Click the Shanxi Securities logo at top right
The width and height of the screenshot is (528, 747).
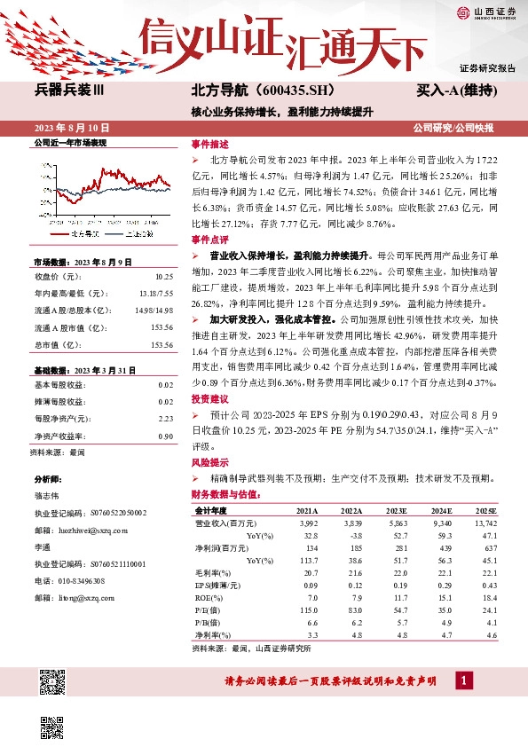pos(486,12)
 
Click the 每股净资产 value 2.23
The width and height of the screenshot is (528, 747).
pos(165,418)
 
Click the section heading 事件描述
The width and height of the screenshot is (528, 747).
pos(210,144)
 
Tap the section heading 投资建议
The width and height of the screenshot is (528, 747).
pos(210,398)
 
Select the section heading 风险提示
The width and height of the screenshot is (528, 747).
pos(210,462)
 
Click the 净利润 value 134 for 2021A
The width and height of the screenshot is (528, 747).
pos(310,547)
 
